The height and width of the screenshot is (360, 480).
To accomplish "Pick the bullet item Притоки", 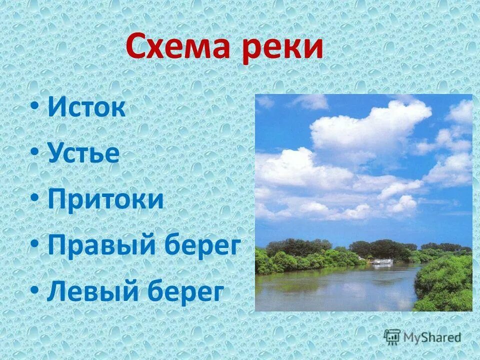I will click(105, 199).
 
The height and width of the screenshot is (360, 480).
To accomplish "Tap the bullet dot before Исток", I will click(33, 108).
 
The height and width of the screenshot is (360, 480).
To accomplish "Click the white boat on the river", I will click(382, 261).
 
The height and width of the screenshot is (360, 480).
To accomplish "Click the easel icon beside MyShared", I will click(392, 336).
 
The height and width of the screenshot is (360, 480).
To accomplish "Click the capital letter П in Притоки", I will click(57, 199).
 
